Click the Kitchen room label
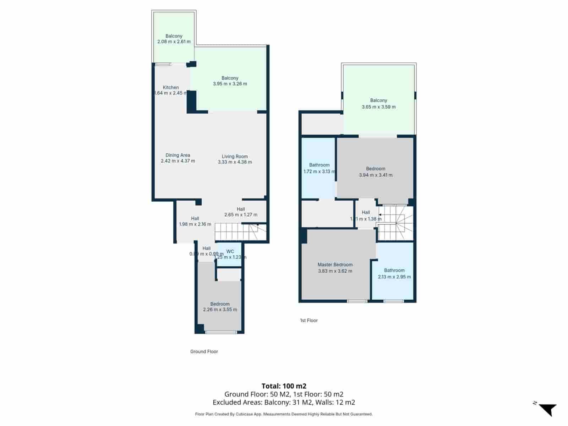click(171, 87)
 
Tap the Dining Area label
click(177, 155)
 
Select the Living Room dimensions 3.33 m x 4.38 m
click(235, 162)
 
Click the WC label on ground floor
click(230, 251)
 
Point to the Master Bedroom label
click(335, 264)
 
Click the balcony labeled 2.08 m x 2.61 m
click(174, 39)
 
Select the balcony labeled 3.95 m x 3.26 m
click(230, 81)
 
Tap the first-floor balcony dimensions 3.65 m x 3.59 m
click(378, 107)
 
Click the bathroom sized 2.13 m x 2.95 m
click(394, 274)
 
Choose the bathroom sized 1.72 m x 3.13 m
click(319, 168)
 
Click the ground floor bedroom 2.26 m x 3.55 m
click(220, 307)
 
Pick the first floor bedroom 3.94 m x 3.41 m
click(376, 172)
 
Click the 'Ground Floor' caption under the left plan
click(204, 351)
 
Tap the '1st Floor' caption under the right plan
click(308, 320)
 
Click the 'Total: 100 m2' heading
click(284, 386)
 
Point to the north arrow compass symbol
click(548, 409)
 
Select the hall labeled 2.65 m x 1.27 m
click(241, 212)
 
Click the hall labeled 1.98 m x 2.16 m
click(195, 222)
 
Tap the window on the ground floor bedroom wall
click(221, 332)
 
